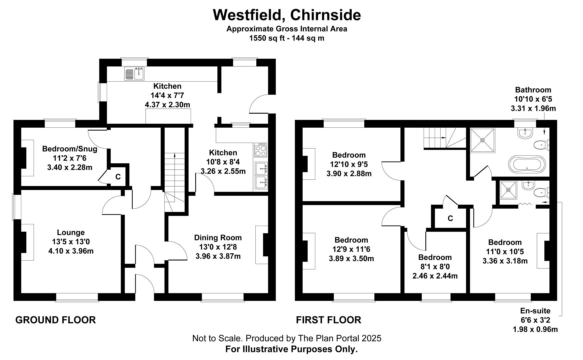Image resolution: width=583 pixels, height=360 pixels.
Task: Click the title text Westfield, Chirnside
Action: [287, 15]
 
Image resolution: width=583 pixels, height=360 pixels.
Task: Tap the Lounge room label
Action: [71, 232]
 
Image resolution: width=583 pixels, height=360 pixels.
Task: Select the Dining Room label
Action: [218, 238]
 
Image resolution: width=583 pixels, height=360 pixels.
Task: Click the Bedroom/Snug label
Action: [70, 149]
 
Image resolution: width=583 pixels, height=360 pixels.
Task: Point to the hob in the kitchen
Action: [261, 150]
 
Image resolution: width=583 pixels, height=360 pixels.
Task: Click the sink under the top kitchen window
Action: [134, 74]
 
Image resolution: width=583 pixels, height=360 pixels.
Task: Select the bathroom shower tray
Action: [482, 140]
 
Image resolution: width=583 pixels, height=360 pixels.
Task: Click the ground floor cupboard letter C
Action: [118, 177]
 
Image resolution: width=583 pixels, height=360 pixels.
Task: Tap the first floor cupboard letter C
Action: [450, 218]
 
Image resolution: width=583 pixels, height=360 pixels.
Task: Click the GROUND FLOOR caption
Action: [56, 320]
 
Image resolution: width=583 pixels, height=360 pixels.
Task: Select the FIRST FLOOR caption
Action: [329, 320]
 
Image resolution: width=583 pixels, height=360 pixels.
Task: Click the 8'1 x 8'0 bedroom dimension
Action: [435, 267]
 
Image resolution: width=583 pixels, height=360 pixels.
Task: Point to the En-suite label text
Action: [535, 311]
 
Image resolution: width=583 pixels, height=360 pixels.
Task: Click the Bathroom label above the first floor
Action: [533, 90]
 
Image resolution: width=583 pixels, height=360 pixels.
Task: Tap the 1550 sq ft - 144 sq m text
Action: [287, 38]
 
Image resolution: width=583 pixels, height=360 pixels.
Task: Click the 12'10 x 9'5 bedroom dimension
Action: [349, 164]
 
